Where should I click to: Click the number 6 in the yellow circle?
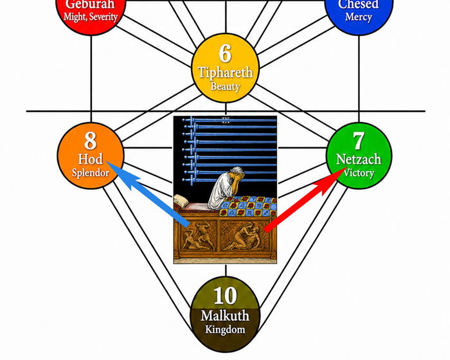(225, 53)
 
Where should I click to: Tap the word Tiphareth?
(226, 73)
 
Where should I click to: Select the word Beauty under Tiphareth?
(225, 86)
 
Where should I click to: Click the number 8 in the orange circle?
(91, 141)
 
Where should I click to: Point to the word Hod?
(91, 159)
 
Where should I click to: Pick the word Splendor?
(91, 172)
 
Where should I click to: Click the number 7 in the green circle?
(359, 141)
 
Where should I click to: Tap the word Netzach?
(359, 159)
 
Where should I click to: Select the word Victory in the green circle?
(359, 173)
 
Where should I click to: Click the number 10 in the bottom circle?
(225, 296)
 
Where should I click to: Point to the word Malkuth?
(225, 316)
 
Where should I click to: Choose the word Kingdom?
(225, 329)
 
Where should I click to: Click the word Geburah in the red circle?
(91, 4)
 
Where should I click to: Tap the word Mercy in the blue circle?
(359, 17)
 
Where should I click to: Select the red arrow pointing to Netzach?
(305, 199)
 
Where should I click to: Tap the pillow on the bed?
(182, 201)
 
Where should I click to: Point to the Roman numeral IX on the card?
(226, 121)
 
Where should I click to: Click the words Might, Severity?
(91, 17)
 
